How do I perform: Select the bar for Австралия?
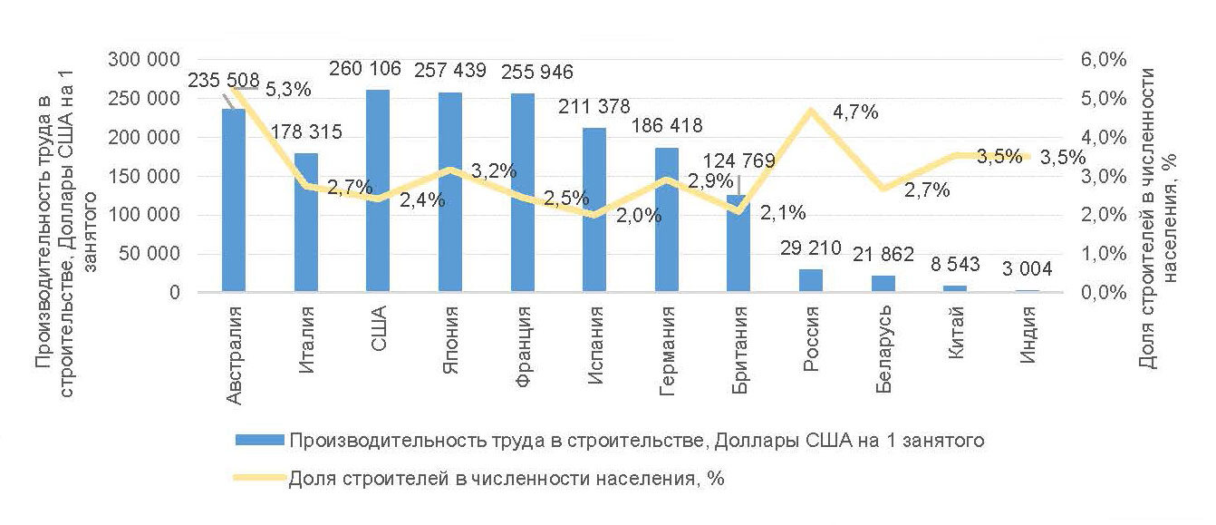pos(234,200)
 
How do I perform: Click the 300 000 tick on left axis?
pos(143,60)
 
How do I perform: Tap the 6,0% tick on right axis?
pos(1103,60)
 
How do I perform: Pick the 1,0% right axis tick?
pos(1103,255)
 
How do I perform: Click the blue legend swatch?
pos(260,441)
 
